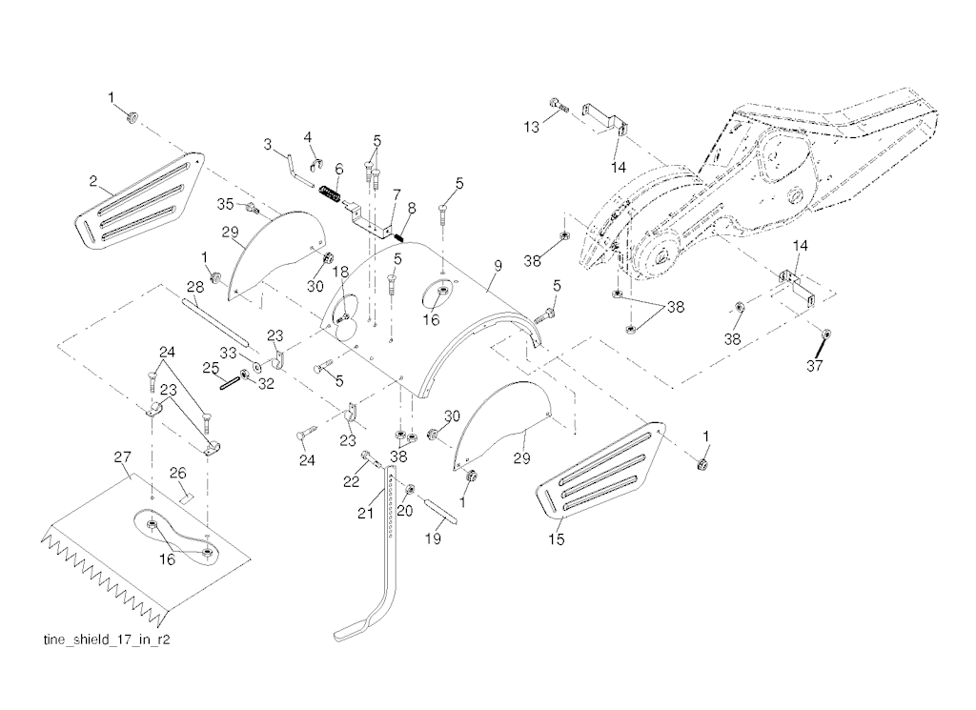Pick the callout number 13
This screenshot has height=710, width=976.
coord(532,126)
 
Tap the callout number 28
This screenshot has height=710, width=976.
coord(194,286)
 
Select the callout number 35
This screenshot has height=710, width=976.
coord(225,203)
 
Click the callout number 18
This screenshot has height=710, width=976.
coord(341,273)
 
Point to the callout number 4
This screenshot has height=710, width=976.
coord(308,137)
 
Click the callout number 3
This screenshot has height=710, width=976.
coord(269,144)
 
